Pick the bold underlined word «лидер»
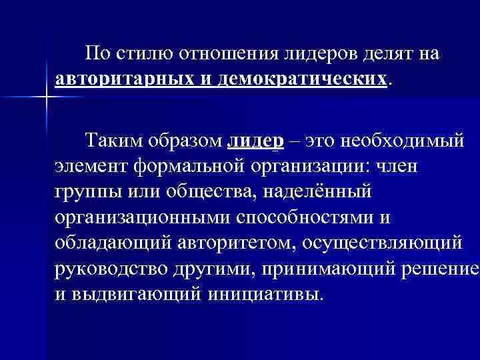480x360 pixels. point(256,141)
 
